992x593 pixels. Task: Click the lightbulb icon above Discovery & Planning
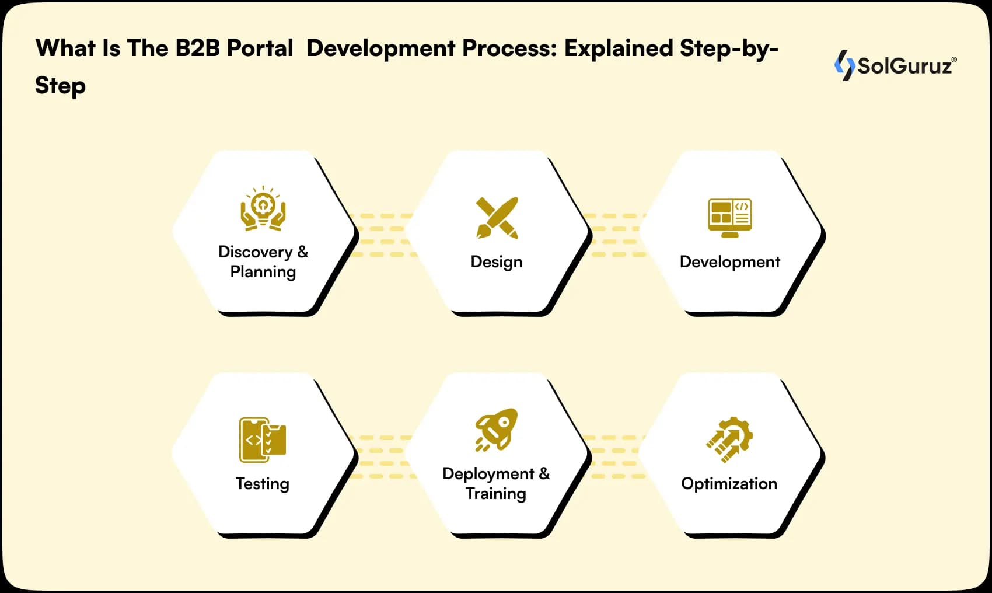(x=263, y=208)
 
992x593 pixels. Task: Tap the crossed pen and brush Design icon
(x=497, y=218)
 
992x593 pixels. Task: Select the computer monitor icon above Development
(x=729, y=218)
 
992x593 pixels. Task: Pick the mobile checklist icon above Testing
(x=263, y=439)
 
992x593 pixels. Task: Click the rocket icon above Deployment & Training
(x=497, y=430)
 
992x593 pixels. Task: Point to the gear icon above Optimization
(x=729, y=439)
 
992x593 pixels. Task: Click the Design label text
(x=497, y=261)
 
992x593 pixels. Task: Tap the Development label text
(x=729, y=261)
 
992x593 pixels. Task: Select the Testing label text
(x=263, y=483)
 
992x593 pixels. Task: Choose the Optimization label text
(x=729, y=483)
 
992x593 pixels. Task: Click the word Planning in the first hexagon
(x=263, y=272)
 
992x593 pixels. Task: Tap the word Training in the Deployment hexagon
(x=496, y=494)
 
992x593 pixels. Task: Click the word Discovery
(x=255, y=252)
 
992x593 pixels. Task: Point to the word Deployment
(x=488, y=473)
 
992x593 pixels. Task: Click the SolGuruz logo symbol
(x=844, y=65)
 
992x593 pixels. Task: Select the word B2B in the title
(x=197, y=48)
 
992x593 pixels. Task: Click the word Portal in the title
(x=260, y=48)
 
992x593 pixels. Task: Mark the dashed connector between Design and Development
(x=615, y=235)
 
